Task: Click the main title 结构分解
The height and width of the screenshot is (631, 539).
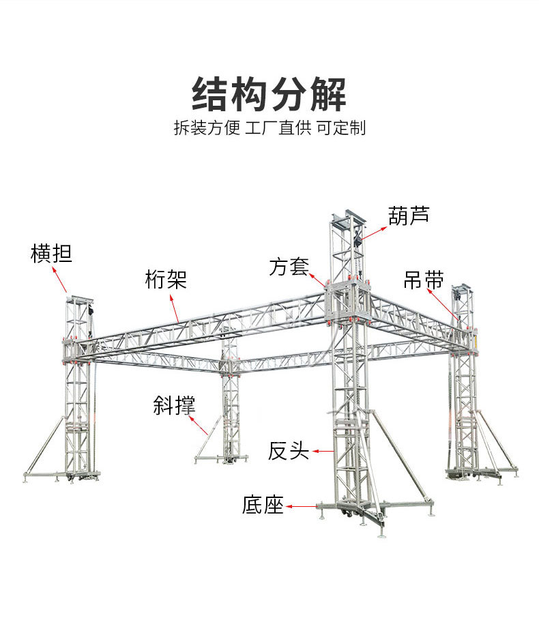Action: coord(269,94)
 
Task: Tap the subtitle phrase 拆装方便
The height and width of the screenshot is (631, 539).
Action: coord(207,128)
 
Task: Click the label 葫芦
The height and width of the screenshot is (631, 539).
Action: coord(409,216)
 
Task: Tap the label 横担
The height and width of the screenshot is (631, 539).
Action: coord(51,254)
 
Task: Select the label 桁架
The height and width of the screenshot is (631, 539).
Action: coord(166,279)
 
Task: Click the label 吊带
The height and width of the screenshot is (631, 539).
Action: coord(424,279)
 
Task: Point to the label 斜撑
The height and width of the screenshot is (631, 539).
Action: coord(174,405)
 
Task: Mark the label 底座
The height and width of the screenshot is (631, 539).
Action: coord(263,505)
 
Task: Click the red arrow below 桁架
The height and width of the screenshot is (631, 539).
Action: coord(174,306)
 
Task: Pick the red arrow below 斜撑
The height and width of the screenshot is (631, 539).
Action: coord(199,424)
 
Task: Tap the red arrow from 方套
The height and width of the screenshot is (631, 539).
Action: coord(318,279)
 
